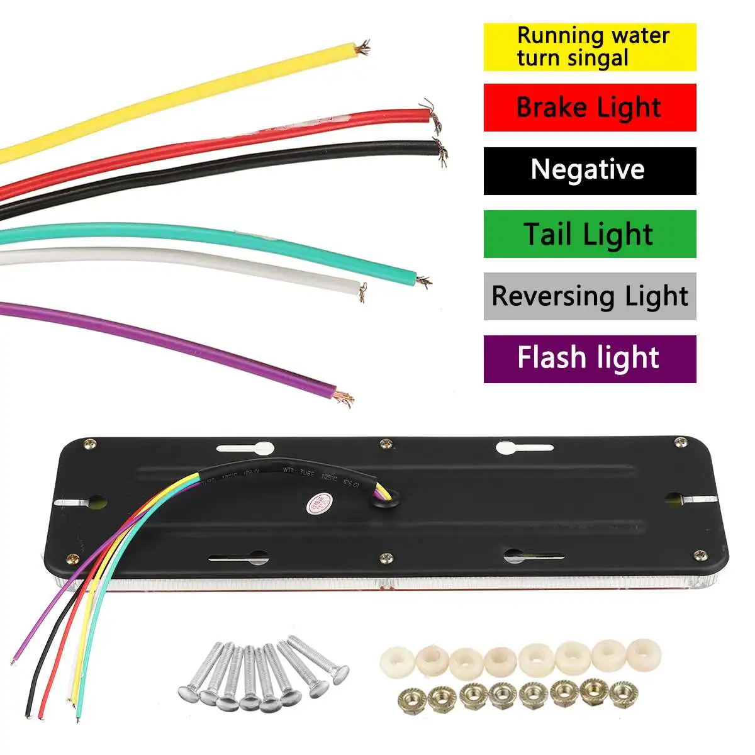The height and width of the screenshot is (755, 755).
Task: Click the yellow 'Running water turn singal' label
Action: click(590, 47)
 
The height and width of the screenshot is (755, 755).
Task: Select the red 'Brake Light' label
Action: click(590, 108)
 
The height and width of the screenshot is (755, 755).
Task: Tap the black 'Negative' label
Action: click(590, 171)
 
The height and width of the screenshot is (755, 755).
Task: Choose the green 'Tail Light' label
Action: click(590, 233)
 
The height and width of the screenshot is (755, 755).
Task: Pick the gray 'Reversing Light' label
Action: click(590, 296)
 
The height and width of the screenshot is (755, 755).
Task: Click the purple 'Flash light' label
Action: click(590, 359)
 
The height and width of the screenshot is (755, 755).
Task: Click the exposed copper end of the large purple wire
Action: click(344, 396)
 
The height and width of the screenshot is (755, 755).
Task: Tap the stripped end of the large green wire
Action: click(423, 281)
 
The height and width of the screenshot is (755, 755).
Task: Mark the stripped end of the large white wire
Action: click(362, 291)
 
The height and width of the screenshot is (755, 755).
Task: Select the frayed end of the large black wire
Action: click(441, 151)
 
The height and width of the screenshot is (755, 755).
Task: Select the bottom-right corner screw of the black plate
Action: click(699, 555)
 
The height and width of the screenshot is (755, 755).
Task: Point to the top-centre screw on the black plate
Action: click(386, 444)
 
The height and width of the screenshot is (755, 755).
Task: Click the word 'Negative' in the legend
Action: click(588, 169)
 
